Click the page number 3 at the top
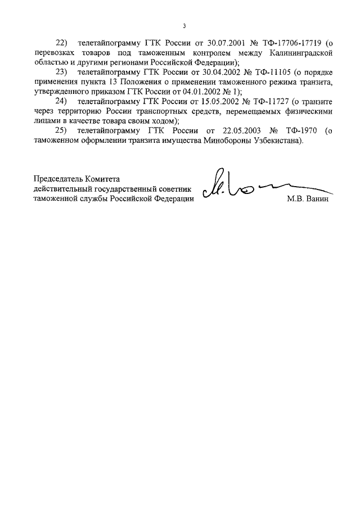pos(184,26)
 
